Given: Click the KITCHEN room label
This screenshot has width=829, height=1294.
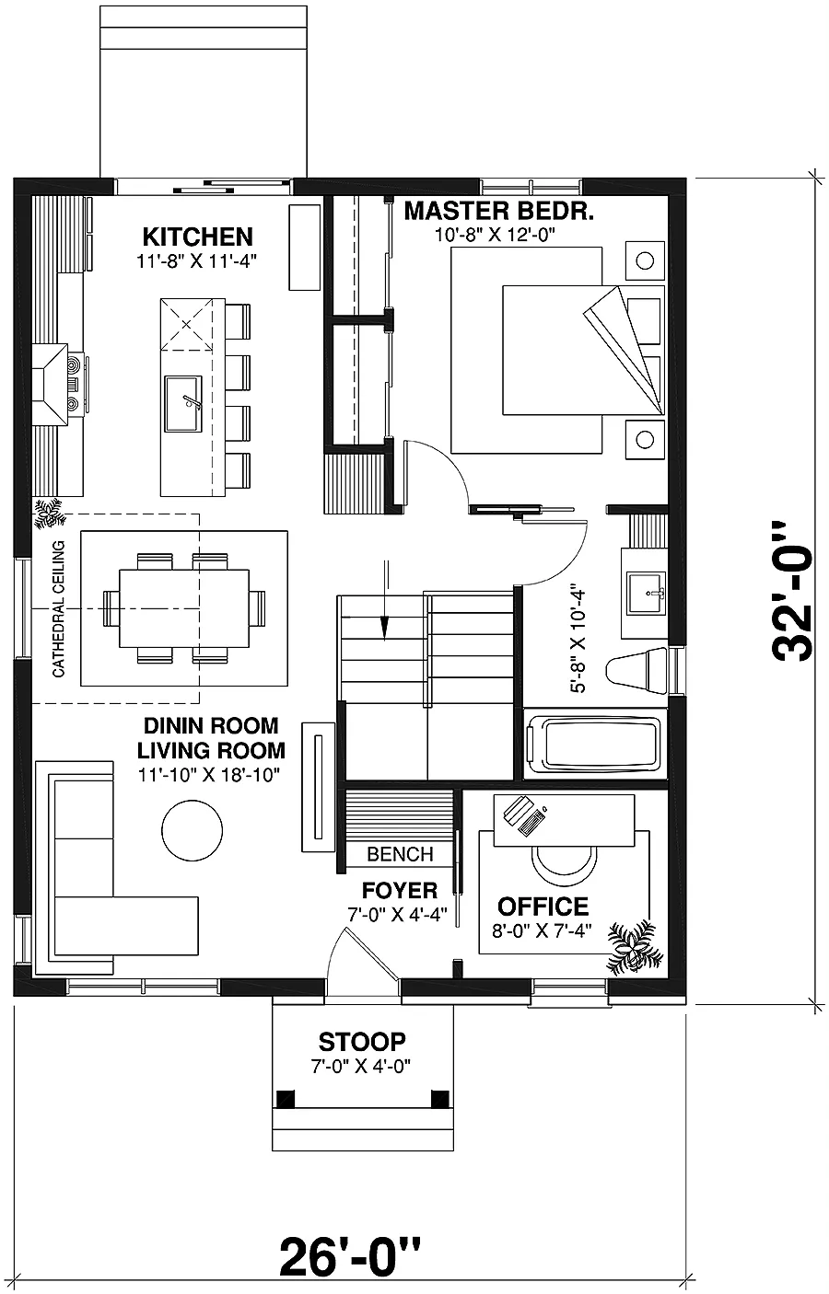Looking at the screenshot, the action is (197, 237).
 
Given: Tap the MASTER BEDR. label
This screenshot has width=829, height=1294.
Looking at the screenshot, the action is (499, 212).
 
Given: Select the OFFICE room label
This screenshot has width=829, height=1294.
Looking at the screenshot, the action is (543, 907).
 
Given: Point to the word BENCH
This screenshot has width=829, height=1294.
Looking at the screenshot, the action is (400, 854).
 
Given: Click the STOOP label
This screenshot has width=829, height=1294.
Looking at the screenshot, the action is (362, 1042).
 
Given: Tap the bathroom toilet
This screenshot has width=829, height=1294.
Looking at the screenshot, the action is (636, 670).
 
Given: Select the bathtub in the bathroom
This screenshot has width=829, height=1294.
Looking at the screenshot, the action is (594, 744).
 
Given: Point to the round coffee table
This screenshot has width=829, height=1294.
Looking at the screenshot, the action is (192, 831).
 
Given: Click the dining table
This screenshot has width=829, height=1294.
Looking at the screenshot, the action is (184, 608).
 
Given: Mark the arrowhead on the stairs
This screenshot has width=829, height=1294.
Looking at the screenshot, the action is (385, 628).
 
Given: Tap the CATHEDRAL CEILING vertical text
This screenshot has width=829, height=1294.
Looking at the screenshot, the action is (58, 609).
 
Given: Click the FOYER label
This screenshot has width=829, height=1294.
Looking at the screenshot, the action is (400, 891).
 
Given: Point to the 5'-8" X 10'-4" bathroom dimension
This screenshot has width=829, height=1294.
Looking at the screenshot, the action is (578, 641).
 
